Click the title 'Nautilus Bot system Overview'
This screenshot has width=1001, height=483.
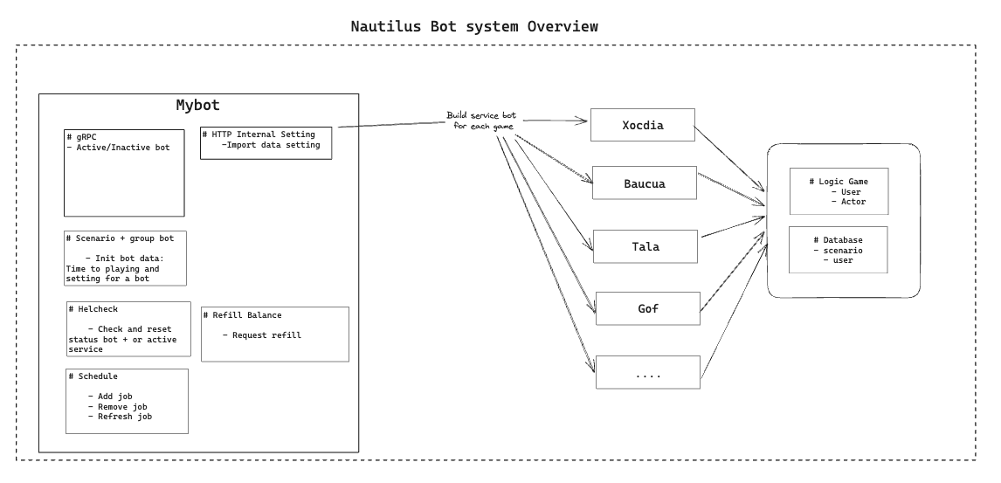474,26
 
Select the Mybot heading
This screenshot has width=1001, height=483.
198,106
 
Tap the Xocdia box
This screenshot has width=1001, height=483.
642,125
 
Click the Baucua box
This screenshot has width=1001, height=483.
644,184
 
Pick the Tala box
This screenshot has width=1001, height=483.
645,246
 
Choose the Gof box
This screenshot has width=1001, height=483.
647,309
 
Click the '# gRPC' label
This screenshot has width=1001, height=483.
82,137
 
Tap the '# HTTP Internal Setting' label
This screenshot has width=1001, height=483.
259,135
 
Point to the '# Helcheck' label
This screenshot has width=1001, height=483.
93,308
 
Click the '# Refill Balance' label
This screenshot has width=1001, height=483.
243,315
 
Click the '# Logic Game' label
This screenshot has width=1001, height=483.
839,181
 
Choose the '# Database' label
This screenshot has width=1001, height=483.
838,239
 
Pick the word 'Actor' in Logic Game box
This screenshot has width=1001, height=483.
853,202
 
